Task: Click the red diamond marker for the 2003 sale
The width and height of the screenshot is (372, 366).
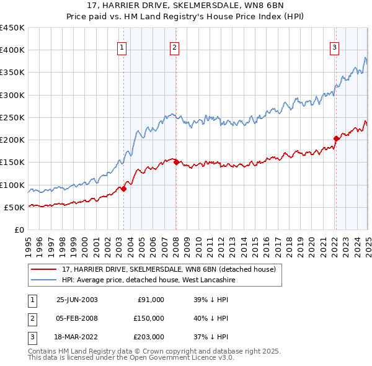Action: pyautogui.click(x=123, y=189)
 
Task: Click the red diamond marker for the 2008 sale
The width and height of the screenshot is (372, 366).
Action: pyautogui.click(x=176, y=163)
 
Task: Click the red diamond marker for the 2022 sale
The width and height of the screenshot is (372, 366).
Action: pyautogui.click(x=336, y=138)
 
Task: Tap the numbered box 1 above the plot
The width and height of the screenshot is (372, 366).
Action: pyautogui.click(x=122, y=47)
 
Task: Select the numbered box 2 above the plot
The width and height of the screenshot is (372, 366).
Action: pyautogui.click(x=174, y=47)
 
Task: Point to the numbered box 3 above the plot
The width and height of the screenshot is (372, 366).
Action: pyautogui.click(x=334, y=47)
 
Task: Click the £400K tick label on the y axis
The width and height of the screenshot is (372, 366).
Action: pyautogui.click(x=12, y=50)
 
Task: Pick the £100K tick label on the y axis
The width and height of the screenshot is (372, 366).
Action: pyautogui.click(x=12, y=185)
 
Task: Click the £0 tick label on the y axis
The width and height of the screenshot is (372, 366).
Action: pyautogui.click(x=19, y=230)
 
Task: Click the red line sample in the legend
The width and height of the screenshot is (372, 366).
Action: pyautogui.click(x=44, y=269)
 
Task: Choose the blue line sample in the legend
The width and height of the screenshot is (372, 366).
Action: pyautogui.click(x=44, y=280)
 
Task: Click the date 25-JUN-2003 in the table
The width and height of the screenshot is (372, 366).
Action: pyautogui.click(x=77, y=300)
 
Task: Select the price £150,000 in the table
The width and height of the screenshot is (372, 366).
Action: pyautogui.click(x=149, y=318)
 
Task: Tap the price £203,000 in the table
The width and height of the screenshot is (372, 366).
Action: pyautogui.click(x=149, y=337)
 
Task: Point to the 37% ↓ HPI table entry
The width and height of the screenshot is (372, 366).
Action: pyautogui.click(x=211, y=337)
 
